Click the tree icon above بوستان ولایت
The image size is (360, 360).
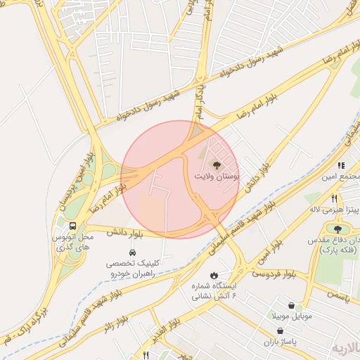(x=217, y=163)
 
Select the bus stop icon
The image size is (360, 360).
(x=72, y=226)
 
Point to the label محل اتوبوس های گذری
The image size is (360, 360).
(x=74, y=243)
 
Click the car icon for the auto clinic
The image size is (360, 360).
(x=132, y=252)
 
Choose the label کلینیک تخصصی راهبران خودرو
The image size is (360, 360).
(x=132, y=268)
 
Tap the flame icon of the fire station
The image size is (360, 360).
(x=214, y=275)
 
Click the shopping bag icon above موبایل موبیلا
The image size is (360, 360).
(x=300, y=307)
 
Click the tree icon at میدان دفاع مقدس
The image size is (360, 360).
(x=338, y=229)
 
